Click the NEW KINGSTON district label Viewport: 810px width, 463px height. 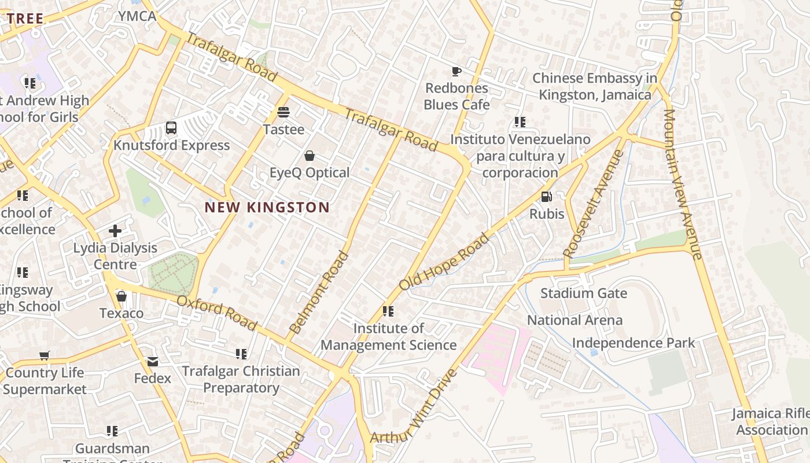pos(267,207)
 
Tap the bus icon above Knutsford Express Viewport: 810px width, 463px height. pos(171,128)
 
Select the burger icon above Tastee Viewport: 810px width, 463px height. pos(283,112)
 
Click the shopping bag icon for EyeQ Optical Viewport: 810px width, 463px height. pos(310,156)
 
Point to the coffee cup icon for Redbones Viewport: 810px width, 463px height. pos(456,71)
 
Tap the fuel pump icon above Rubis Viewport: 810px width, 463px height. pos(546,197)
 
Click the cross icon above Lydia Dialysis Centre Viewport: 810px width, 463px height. pos(115,231)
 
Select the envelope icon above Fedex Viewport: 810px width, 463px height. pos(153,361)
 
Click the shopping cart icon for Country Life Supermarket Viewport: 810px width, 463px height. pos(45,355)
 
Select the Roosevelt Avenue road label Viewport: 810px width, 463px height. pos(594,204)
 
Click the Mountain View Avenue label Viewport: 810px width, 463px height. pos(683,184)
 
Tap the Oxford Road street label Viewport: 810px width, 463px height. pos(216,313)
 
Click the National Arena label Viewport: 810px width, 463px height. pos(575,320)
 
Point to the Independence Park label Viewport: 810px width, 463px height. pos(634,343)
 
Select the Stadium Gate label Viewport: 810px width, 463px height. pos(583,293)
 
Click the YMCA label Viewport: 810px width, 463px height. pos(137,16)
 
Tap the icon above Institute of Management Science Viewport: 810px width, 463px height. pos(388,311)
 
